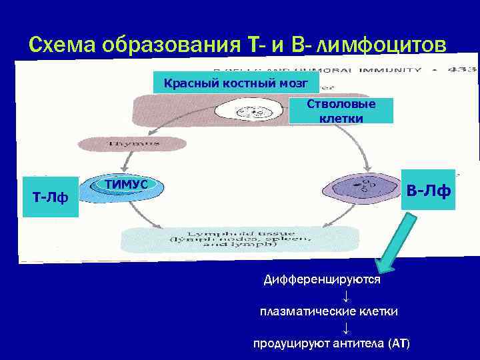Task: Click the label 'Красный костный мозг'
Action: click(236, 83)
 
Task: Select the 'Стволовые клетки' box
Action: click(341, 111)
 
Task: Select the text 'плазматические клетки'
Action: click(329, 311)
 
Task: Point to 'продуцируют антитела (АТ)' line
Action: click(331, 343)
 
